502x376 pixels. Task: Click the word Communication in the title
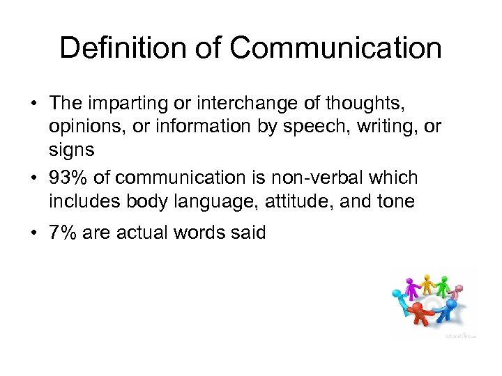(335, 49)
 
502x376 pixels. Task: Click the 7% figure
(62, 233)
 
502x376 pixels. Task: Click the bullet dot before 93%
(33, 178)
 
